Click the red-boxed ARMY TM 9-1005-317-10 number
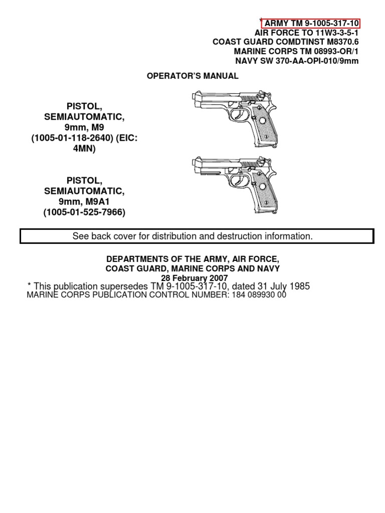311,23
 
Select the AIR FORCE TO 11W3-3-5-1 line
307,33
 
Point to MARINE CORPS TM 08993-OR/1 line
296,52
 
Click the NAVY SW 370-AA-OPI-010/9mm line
297,61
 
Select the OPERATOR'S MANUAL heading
192,76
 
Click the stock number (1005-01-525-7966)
84,212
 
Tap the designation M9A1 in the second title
98,202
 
